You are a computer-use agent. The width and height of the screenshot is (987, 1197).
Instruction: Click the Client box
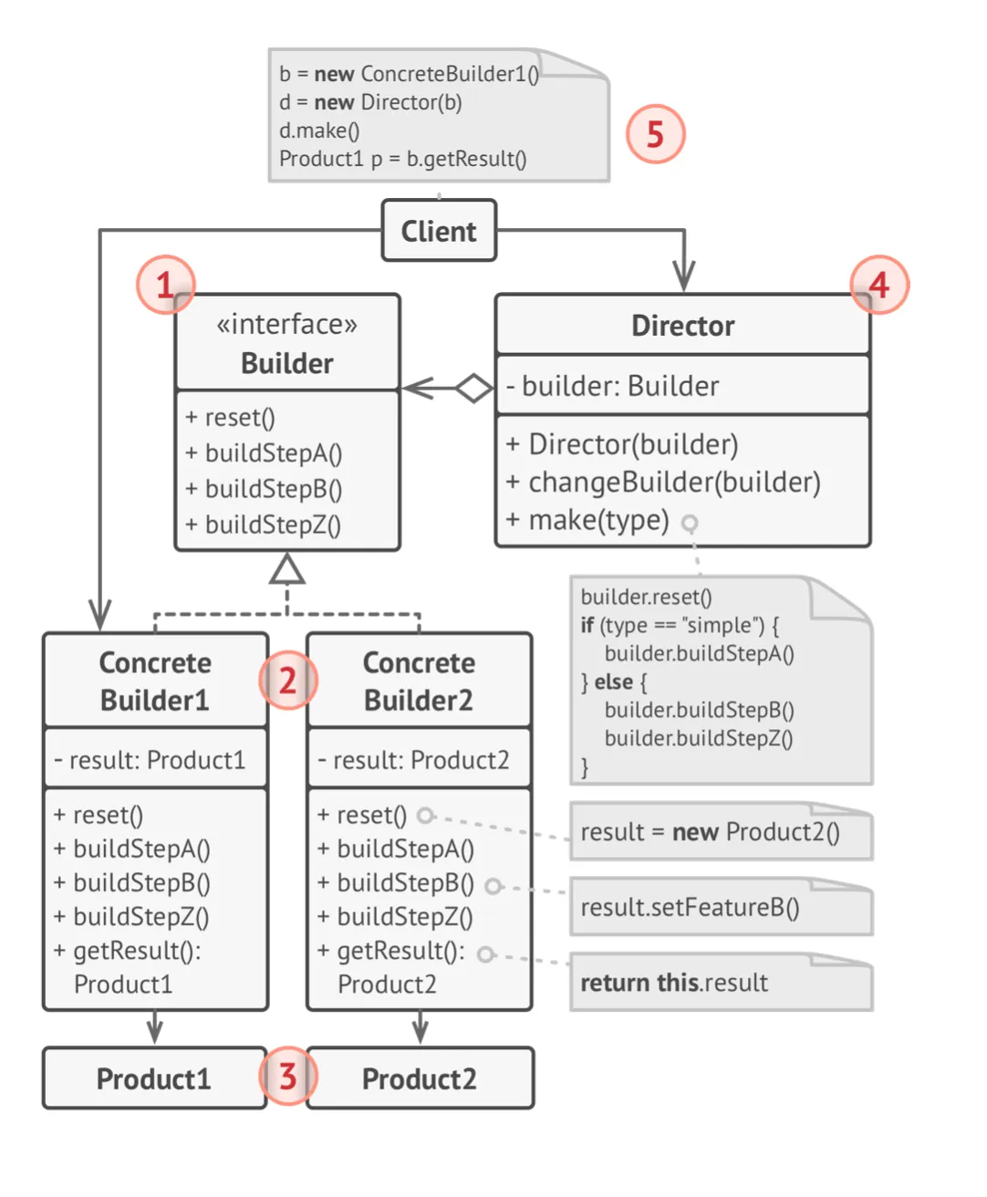[439, 231]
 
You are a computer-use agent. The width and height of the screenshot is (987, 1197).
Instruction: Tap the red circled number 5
[655, 134]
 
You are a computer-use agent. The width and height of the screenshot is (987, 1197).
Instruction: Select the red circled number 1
[165, 285]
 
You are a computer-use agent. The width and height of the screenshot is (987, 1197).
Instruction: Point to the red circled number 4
[878, 285]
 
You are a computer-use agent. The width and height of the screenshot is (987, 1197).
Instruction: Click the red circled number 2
[287, 681]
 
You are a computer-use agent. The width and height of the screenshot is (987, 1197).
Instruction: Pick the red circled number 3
[287, 1077]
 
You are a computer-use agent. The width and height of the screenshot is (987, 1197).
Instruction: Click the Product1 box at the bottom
[154, 1078]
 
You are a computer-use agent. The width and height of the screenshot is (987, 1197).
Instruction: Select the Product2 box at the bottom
[420, 1078]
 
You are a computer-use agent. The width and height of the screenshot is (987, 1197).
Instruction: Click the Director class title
[682, 326]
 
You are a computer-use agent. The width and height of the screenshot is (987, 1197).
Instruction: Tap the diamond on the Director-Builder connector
[473, 388]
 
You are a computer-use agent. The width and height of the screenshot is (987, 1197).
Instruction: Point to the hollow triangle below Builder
[287, 570]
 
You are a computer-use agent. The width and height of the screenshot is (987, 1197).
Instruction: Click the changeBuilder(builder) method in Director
[664, 482]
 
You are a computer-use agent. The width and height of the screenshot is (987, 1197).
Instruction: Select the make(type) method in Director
[599, 520]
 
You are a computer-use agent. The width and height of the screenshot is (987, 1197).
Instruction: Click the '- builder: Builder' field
[613, 386]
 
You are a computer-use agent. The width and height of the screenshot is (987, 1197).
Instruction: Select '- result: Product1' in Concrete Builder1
[150, 760]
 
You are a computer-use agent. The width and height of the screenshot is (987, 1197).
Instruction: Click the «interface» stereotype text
[286, 324]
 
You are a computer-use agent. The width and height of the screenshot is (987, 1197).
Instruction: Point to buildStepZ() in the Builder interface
[265, 525]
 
